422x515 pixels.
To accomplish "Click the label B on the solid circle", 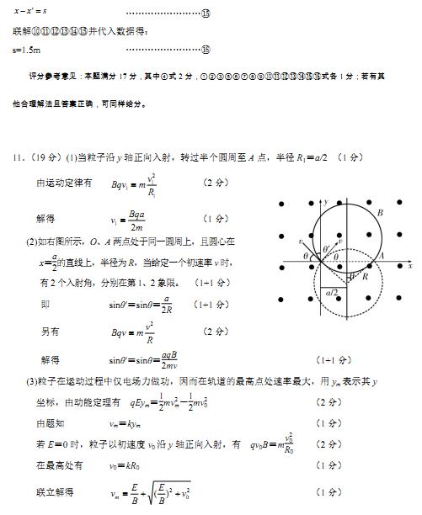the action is [381, 214].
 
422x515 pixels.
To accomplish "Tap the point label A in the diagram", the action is [382, 257].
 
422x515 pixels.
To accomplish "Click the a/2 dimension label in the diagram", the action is [331, 292].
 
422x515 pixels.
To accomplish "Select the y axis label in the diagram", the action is [326, 203].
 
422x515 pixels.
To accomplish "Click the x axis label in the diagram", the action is [409, 266].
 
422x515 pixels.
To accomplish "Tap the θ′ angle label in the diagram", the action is [328, 248].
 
